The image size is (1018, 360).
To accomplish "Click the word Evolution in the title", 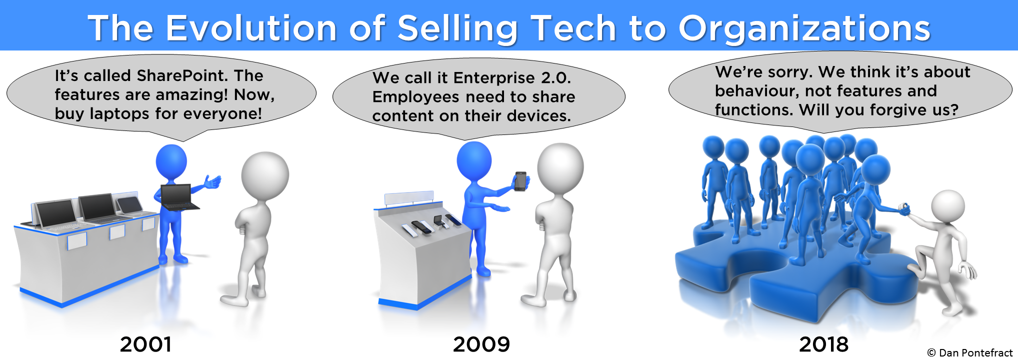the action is tap(251, 28).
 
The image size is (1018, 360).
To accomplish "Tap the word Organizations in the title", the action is tap(804, 29).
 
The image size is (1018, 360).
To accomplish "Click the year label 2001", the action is tap(145, 344).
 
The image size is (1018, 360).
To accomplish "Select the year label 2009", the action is tap(481, 344).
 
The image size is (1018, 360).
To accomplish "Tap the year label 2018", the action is tap(823, 344).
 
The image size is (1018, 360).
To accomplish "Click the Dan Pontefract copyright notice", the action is tap(969, 353).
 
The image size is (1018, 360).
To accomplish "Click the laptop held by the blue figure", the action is tap(179, 197).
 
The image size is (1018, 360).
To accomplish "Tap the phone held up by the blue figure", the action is tap(520, 181).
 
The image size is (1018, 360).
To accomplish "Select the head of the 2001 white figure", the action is tap(265, 175).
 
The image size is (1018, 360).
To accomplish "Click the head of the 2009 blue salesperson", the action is tap(474, 161).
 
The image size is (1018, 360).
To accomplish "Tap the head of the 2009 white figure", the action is tap(560, 167).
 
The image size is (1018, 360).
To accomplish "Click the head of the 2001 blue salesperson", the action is tap(171, 161).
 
